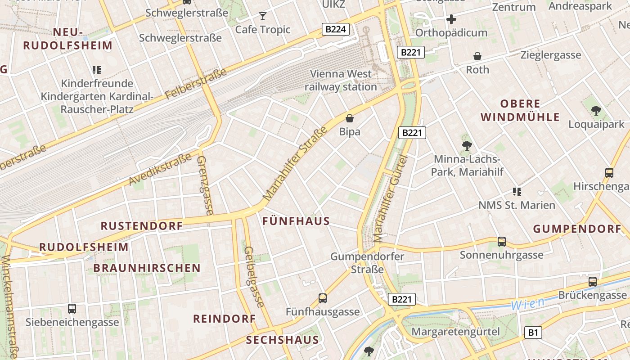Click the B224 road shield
pyautogui.click(x=336, y=30)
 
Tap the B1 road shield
pyautogui.click(x=533, y=333)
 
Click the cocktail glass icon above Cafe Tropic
pyautogui.click(x=263, y=17)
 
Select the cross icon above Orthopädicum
pyautogui.click(x=451, y=19)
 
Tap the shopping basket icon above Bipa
pyautogui.click(x=350, y=118)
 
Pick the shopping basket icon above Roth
pyautogui.click(x=477, y=56)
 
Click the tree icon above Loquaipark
pyautogui.click(x=596, y=110)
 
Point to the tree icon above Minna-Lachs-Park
pyautogui.click(x=467, y=145)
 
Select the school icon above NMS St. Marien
pyautogui.click(x=517, y=192)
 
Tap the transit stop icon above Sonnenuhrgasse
pyautogui.click(x=502, y=242)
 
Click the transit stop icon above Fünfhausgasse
pyautogui.click(x=323, y=298)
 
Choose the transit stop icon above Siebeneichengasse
pyautogui.click(x=72, y=309)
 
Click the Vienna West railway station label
pyautogui.click(x=341, y=80)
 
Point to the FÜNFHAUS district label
pyautogui.click(x=296, y=221)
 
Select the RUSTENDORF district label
pyautogui.click(x=141, y=226)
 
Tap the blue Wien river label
pyautogui.click(x=527, y=304)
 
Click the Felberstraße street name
pyautogui.click(x=195, y=85)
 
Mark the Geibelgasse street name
pyautogui.click(x=254, y=277)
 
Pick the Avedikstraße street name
pyautogui.click(x=161, y=169)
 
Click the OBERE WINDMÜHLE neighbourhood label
pyautogui.click(x=520, y=111)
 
